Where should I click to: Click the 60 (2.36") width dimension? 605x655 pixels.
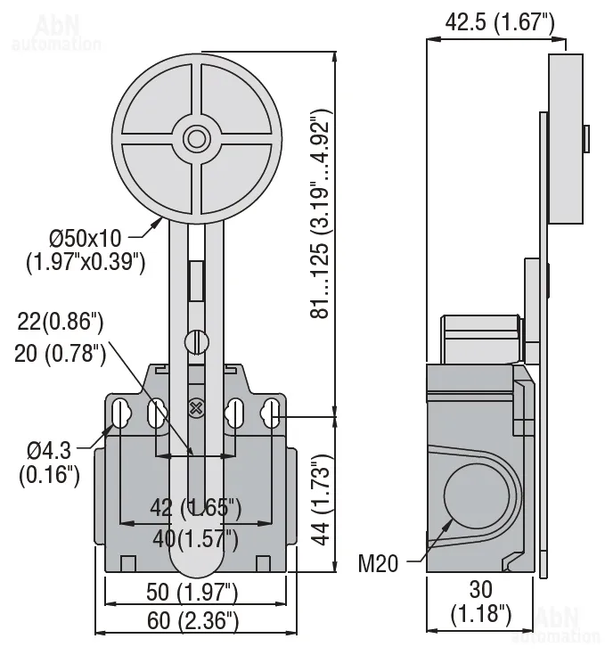pyautogui.click(x=195, y=620)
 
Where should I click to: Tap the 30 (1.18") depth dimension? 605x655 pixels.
pyautogui.click(x=480, y=601)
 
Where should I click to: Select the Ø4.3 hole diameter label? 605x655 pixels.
pyautogui.click(x=49, y=463)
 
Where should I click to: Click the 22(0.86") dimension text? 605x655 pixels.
pyautogui.click(x=61, y=323)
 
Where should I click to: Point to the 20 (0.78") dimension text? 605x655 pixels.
pyautogui.click(x=61, y=353)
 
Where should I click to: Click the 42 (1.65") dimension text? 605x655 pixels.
pyautogui.click(x=195, y=509)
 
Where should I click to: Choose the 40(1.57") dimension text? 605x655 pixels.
pyautogui.click(x=195, y=538)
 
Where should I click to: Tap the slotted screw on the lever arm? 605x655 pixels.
pyautogui.click(x=196, y=341)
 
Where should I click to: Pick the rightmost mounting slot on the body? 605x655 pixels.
pyautogui.click(x=272, y=413)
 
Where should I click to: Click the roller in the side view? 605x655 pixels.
pyautogui.click(x=565, y=138)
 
